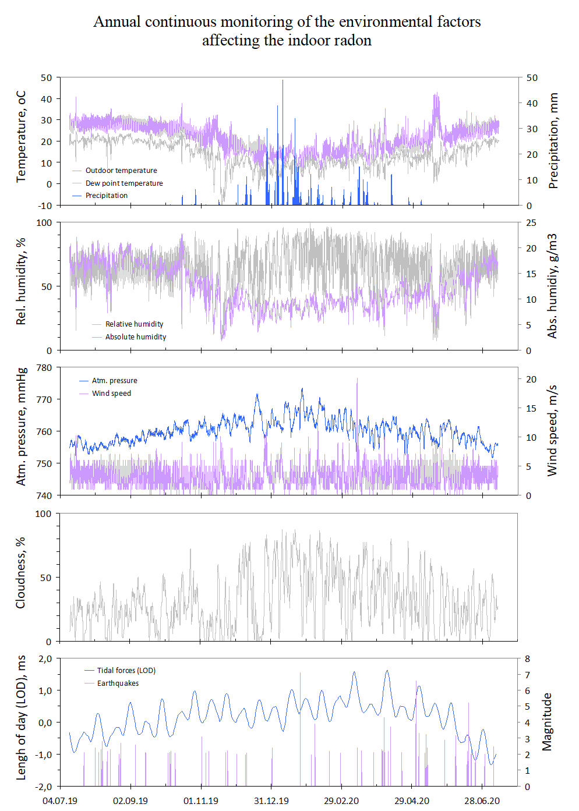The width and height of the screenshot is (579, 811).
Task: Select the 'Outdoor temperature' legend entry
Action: coord(121,171)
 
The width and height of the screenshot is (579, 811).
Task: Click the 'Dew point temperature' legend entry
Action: coord(124,183)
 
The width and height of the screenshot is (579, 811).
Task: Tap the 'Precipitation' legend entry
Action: coord(107,196)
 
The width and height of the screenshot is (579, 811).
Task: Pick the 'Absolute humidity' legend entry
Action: coord(136,337)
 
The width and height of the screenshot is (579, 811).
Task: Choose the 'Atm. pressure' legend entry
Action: coord(115,381)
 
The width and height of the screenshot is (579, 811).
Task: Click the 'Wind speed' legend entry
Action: coord(111,394)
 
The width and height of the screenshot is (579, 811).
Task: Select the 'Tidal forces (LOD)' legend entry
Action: coord(126,671)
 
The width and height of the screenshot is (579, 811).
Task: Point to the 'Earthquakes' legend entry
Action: coord(118,683)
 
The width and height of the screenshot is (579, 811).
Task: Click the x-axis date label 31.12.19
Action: coord(271,801)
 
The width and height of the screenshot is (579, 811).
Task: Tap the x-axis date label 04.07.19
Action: coord(60,801)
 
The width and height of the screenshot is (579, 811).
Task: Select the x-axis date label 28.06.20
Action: coord(482,801)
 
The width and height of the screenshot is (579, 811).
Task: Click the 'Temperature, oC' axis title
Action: coord(22,137)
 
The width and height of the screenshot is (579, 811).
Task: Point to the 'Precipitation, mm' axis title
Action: coord(553,140)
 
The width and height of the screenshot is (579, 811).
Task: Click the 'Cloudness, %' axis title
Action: coord(21,573)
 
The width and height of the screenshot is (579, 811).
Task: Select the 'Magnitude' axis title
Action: coord(546,721)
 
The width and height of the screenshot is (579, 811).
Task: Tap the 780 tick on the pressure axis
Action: coord(44,368)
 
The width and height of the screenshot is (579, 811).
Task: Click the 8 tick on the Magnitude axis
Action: coord(527,659)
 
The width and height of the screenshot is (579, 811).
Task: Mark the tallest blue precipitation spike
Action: coord(283,82)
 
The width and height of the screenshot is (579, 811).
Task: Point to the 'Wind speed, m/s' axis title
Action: coord(552,431)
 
